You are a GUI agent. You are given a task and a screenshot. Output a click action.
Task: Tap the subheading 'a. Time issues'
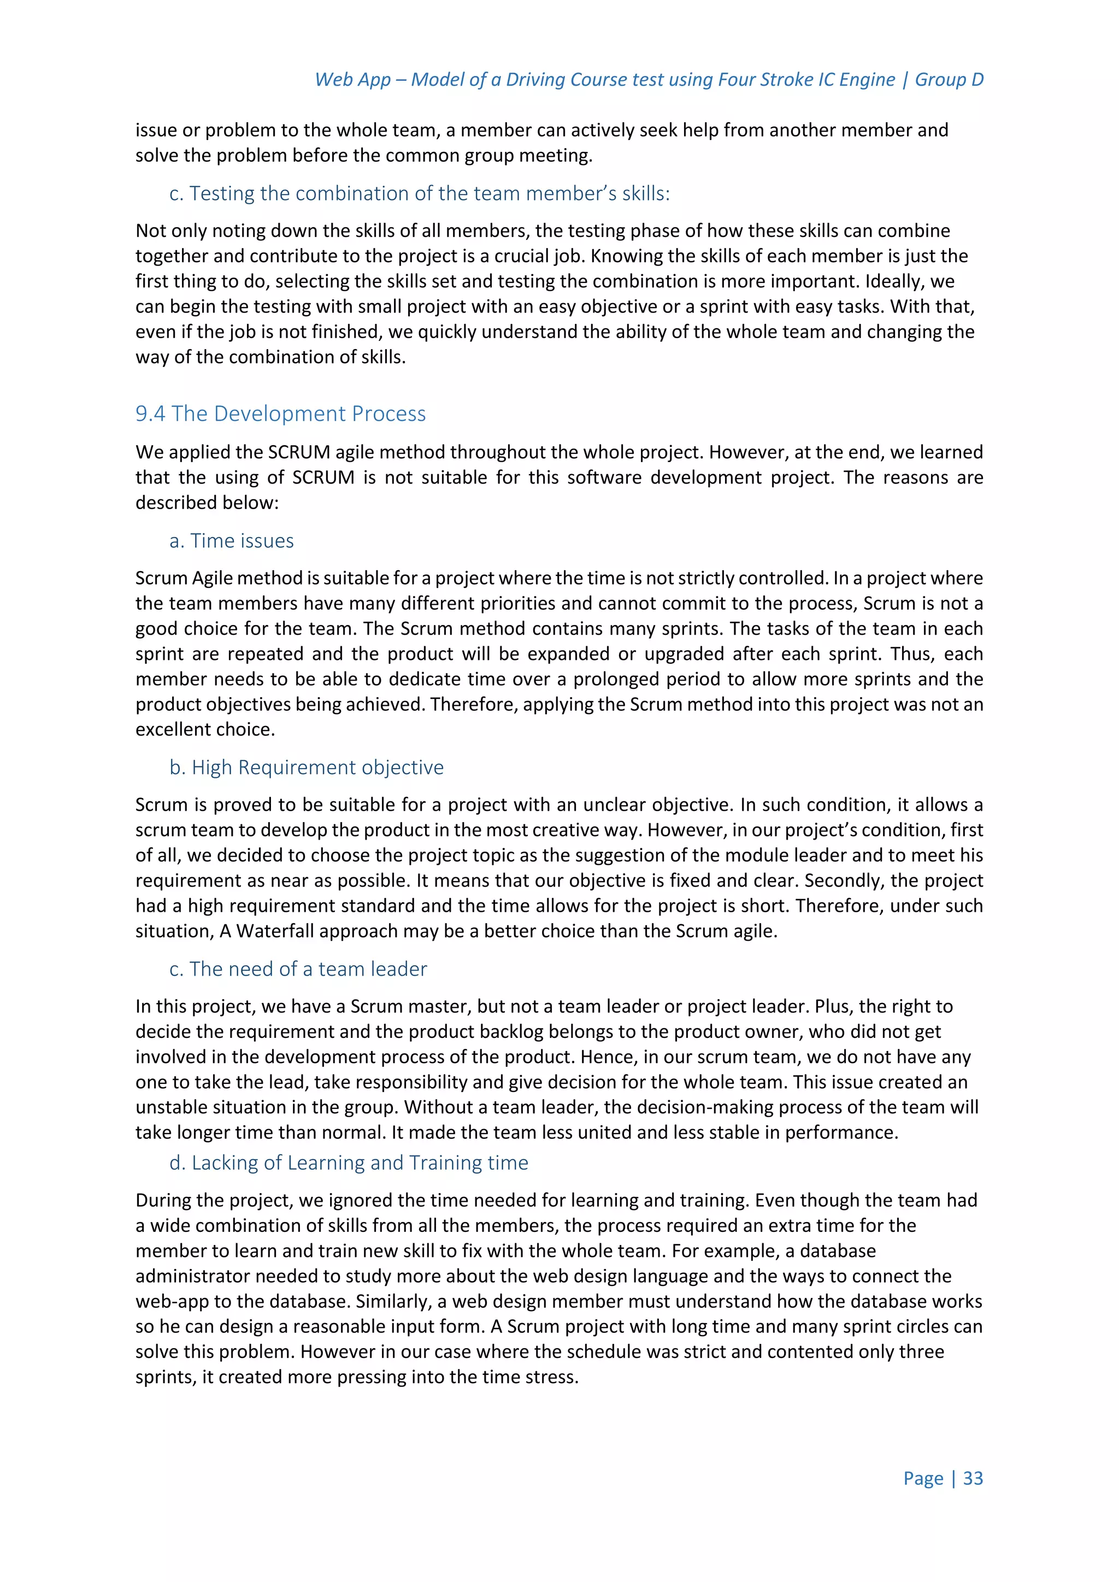click(x=232, y=541)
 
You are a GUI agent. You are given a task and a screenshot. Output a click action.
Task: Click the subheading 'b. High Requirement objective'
click(x=307, y=767)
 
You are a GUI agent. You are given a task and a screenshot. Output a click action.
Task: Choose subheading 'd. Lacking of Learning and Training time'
click(x=349, y=1162)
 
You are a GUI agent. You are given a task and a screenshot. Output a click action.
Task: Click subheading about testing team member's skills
click(x=419, y=193)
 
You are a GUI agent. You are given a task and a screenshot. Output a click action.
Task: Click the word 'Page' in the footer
click(x=923, y=1478)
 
